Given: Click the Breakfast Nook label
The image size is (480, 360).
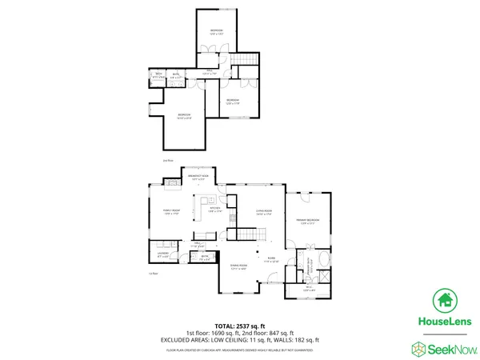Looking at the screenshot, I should pos(199,177).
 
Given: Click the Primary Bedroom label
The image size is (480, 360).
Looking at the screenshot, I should pos(310,222).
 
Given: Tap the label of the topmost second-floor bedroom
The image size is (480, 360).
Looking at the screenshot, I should pos(216,32).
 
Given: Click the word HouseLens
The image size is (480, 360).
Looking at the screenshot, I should pos(446,322).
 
